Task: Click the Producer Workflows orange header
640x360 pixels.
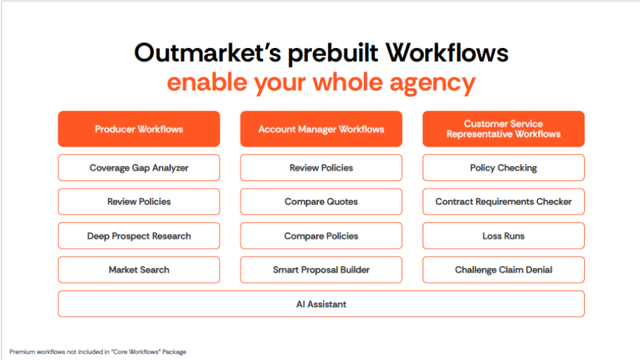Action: click(x=139, y=129)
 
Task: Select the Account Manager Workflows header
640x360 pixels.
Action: click(x=321, y=129)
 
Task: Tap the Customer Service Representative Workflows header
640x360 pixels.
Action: click(x=503, y=129)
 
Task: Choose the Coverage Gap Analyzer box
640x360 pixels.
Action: click(x=139, y=168)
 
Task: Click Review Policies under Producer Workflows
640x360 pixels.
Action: click(x=139, y=201)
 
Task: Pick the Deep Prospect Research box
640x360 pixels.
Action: click(x=139, y=236)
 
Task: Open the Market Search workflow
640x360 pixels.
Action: click(x=139, y=270)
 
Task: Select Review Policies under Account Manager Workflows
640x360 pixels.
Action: click(x=321, y=168)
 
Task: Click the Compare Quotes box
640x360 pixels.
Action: click(x=321, y=201)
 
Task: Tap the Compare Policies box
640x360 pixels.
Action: click(x=321, y=236)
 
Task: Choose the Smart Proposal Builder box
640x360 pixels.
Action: click(x=321, y=270)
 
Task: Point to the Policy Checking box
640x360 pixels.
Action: click(x=503, y=168)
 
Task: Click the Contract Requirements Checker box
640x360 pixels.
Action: click(x=503, y=201)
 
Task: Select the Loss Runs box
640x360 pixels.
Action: click(x=503, y=236)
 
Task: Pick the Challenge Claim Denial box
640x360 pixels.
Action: click(x=503, y=270)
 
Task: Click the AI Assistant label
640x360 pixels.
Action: click(x=321, y=304)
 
